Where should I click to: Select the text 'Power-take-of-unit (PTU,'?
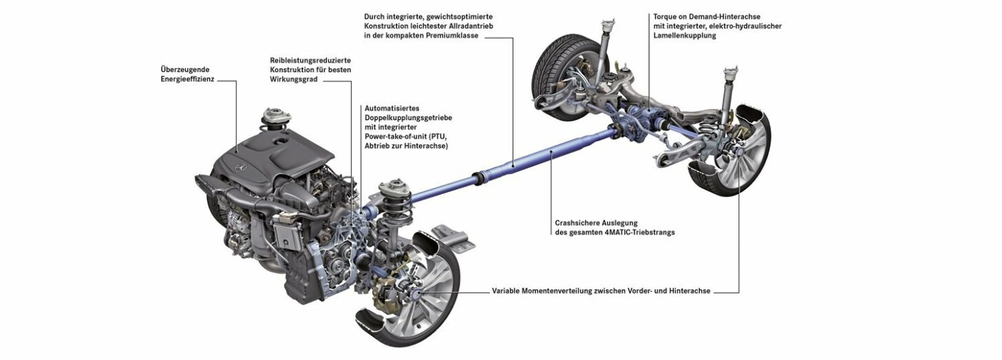tap(406, 136)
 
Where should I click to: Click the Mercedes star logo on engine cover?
tap(240, 167)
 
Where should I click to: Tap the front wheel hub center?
tap(416, 295)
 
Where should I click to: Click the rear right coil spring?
tap(716, 130)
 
